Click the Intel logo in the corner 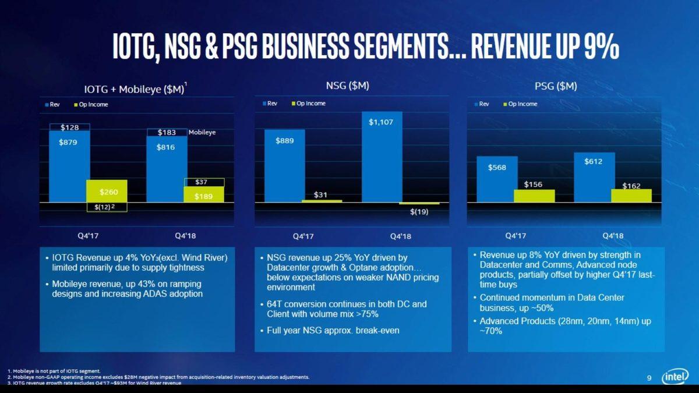676,377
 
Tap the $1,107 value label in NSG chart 382,123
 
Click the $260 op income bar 107,191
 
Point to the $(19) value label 418,212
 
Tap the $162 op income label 631,186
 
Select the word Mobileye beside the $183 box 202,133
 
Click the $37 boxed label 204,182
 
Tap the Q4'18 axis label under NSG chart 400,236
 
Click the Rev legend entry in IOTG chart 52,104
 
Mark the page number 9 649,379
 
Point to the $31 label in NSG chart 320,194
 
